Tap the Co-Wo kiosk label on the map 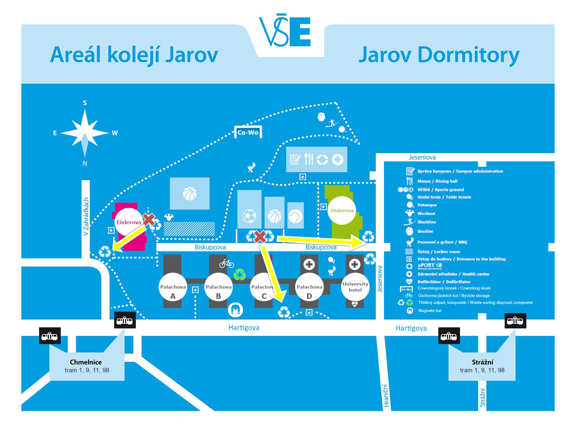coord(248,132)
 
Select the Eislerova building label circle coord(129,222)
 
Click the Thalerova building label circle coord(342,211)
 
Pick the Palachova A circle coord(173,287)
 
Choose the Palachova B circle coord(218,287)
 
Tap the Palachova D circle coord(309,287)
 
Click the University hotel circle coord(355,287)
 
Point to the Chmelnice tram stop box coord(87,366)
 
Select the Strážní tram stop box coord(482,366)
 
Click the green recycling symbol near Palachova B coord(240,274)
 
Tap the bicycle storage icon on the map coord(226,264)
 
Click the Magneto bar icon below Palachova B coord(235,310)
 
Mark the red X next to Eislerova coord(149,220)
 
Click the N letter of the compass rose coord(85,163)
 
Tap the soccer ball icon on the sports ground coord(249,216)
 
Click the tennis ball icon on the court coord(295,216)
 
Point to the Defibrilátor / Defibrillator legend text coord(444,282)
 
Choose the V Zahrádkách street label coord(86,216)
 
